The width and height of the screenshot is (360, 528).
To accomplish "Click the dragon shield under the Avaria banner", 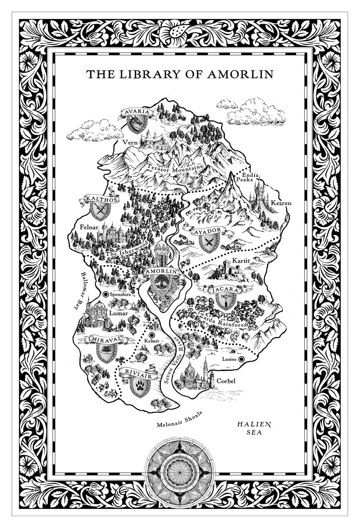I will (x=136, y=124).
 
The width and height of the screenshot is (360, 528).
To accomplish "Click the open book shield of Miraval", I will (x=105, y=352).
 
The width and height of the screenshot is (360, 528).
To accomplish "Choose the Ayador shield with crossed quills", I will (x=208, y=242).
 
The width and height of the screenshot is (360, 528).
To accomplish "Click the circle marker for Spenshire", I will (x=106, y=294).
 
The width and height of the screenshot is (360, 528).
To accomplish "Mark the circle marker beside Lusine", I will (x=241, y=359).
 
